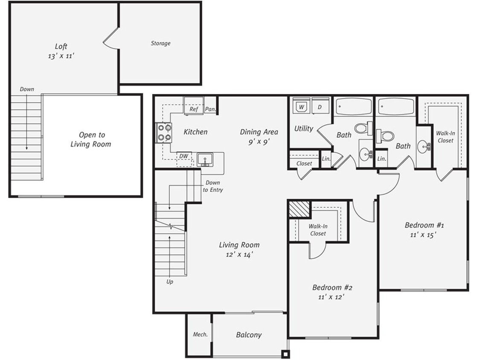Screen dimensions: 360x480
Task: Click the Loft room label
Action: [61, 46]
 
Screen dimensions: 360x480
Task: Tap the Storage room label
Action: [160, 43]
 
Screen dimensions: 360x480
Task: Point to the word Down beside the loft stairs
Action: [27, 89]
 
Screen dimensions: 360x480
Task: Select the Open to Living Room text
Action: [90, 139]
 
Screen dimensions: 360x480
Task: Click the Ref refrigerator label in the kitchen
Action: [194, 109]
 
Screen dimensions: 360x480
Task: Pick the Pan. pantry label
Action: [210, 109]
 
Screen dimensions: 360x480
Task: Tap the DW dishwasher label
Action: [184, 157]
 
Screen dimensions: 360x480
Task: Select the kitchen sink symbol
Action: [205, 160]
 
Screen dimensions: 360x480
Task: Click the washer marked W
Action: [301, 107]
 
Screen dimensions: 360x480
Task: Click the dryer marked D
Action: [320, 107]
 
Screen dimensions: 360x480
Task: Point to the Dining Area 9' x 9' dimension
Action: [259, 142]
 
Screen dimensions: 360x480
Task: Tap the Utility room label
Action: [304, 128]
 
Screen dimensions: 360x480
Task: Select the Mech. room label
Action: [200, 334]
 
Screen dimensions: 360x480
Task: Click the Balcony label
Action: [249, 335]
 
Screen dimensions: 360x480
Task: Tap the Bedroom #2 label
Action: [332, 287]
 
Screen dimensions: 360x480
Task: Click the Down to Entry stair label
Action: [212, 186]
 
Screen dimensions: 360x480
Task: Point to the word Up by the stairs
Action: [169, 282]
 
